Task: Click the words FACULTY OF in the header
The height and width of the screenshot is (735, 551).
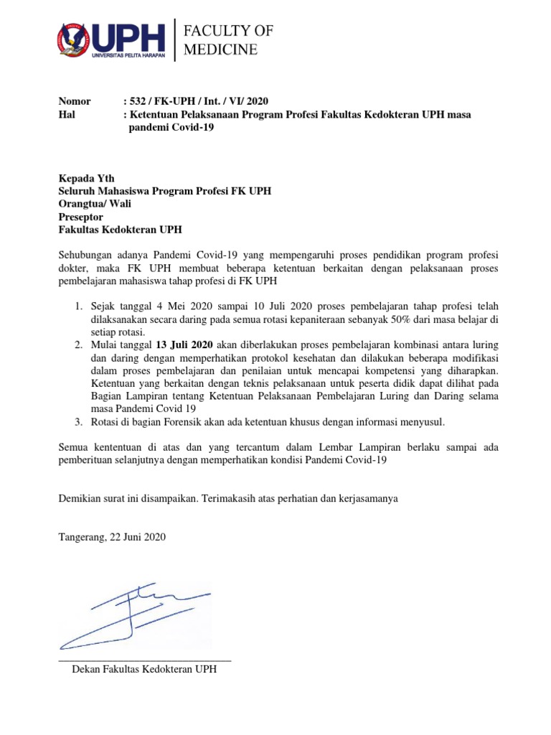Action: point(228,30)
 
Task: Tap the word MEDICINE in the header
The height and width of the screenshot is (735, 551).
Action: point(220,50)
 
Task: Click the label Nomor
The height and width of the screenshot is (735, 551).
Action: point(74,101)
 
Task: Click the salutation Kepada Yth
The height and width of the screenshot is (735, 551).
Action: point(85,178)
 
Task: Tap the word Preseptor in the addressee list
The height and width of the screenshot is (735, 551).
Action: point(80,217)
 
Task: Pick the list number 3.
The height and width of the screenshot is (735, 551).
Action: point(79,422)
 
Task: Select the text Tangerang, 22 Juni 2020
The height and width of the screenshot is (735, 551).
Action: point(111,537)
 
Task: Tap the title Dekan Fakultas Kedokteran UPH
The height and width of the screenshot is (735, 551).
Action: point(143,669)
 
